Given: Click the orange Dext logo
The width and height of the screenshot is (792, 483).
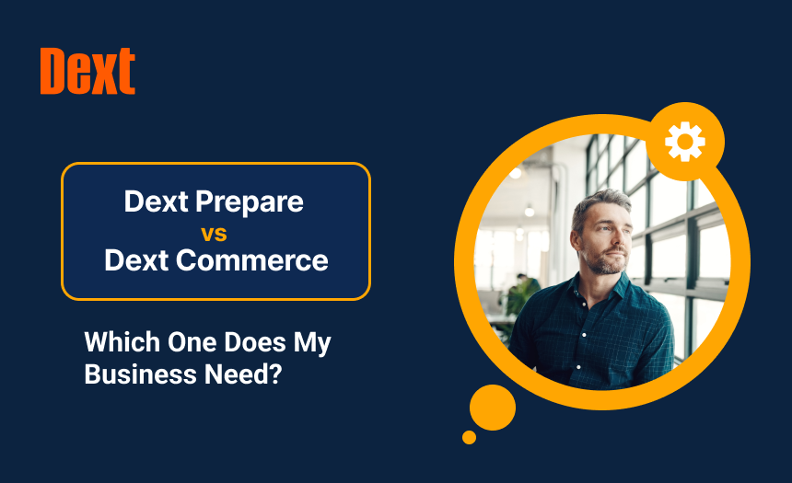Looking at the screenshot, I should coord(87,71).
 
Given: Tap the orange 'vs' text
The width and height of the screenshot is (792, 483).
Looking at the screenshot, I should coord(215,231).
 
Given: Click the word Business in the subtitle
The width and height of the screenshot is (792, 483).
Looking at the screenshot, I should coord(129,374).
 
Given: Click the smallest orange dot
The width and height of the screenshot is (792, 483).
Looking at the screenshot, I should coord(469,437).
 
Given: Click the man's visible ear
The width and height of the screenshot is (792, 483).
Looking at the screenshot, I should coord(577,236).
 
